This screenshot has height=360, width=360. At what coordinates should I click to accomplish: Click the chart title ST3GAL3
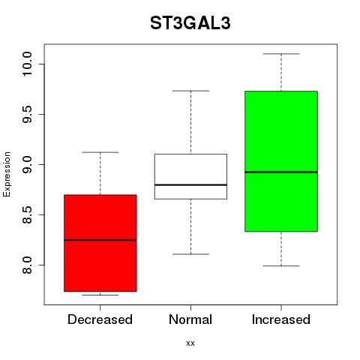190,23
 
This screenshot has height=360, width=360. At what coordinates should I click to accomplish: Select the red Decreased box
100,243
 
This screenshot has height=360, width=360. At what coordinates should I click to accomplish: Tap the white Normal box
190,176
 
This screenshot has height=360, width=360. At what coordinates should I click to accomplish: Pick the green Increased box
281,161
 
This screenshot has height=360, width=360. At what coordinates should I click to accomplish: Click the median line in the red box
100,240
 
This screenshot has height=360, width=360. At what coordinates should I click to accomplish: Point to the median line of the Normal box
190,184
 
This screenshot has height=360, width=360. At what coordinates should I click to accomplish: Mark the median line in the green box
281,172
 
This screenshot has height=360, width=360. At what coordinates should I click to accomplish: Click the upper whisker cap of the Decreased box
100,152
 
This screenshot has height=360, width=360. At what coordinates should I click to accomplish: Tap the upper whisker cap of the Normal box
190,91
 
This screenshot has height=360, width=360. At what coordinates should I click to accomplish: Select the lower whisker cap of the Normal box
190,254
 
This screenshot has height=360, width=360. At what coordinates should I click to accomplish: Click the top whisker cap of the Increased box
281,54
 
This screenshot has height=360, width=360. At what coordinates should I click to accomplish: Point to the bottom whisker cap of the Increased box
281,265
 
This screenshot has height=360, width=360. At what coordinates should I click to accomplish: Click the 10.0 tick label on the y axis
27,64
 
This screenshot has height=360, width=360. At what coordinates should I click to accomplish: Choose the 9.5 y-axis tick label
27,114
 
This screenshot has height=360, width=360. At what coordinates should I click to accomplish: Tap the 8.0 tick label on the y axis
27,265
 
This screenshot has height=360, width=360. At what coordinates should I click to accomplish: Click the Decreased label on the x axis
100,319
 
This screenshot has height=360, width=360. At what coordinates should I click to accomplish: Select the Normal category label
190,319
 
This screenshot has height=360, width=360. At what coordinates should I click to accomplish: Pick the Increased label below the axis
281,319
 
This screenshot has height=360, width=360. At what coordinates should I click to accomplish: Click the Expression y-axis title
7,174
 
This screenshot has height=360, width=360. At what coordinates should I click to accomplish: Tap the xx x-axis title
190,343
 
